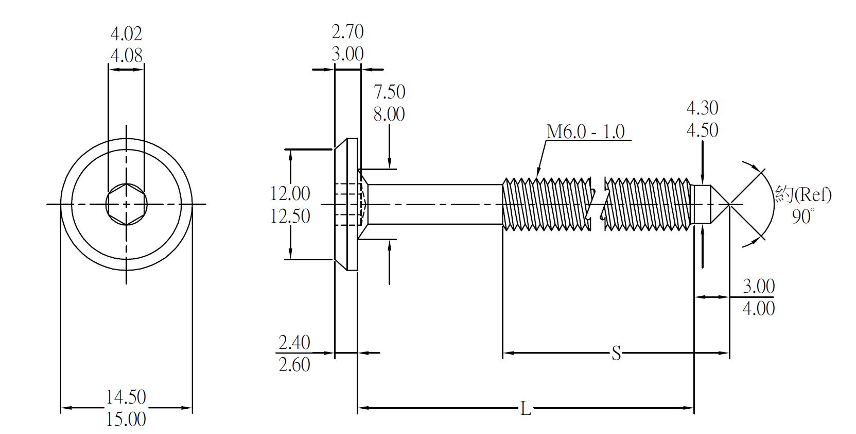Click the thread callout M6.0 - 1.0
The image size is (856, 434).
[x=585, y=132]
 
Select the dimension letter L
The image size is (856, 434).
[x=525, y=409]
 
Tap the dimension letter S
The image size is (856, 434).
[x=616, y=354]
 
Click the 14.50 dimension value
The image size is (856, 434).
[x=126, y=397]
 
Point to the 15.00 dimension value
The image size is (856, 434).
[x=126, y=419]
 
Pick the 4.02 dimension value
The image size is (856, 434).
[x=126, y=34]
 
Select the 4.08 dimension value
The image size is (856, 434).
[x=126, y=55]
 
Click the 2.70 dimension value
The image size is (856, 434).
[x=347, y=32]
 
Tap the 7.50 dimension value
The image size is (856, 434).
[x=389, y=92]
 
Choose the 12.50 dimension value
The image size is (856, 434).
[x=290, y=216]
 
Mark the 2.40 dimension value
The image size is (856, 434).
[x=294, y=342]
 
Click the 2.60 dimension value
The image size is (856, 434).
[x=294, y=365]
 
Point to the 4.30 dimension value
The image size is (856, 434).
[x=702, y=108]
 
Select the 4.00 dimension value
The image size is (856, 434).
[x=758, y=308]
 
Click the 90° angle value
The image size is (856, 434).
[x=802, y=216]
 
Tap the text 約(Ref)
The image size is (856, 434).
[x=803, y=195]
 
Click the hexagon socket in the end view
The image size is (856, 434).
[x=127, y=205]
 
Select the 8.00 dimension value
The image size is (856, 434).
[x=389, y=114]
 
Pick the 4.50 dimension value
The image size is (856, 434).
[x=702, y=130]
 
